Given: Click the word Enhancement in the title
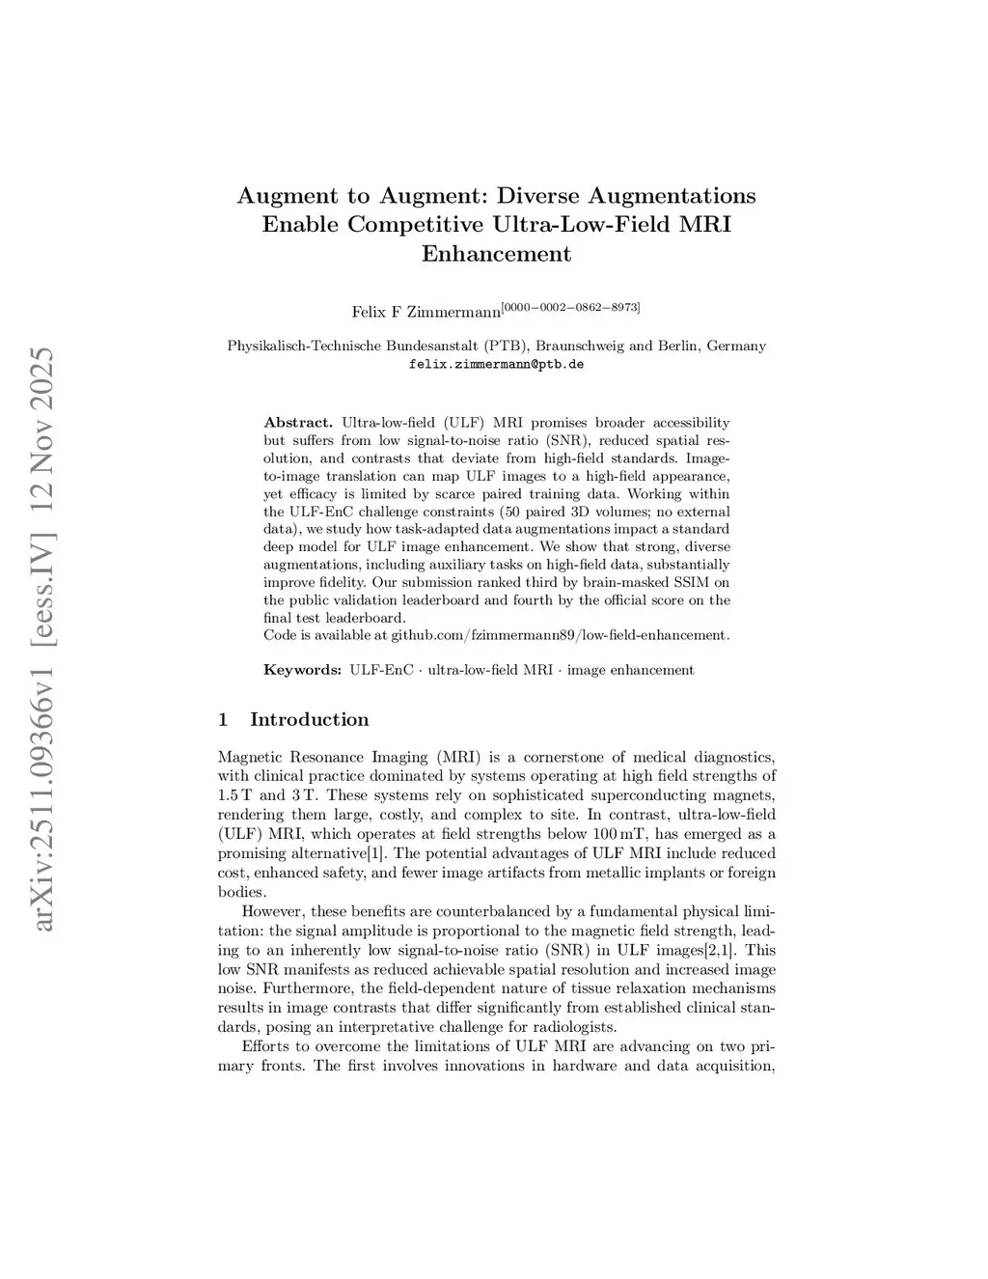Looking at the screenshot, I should (496, 254).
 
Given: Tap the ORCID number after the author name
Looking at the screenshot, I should (570, 307).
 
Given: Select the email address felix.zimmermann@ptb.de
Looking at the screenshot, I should (496, 365).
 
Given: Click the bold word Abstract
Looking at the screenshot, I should (298, 423).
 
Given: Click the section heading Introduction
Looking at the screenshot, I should (309, 719).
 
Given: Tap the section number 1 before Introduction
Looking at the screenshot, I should (224, 719).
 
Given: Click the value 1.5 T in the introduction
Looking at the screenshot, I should (235, 795).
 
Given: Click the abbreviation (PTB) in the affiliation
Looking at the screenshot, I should (507, 346).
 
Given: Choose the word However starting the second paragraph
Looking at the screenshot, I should (273, 911).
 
